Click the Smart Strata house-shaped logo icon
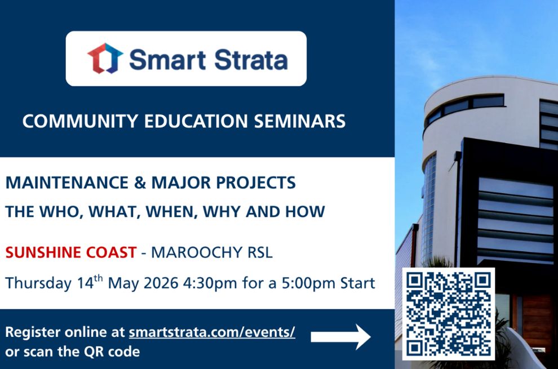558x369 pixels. click(105, 59)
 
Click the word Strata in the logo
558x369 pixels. click(247, 59)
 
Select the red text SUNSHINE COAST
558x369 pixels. click(71, 252)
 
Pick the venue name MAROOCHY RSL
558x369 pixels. click(211, 252)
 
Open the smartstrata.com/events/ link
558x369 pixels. click(212, 332)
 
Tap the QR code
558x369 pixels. click(448, 314)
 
